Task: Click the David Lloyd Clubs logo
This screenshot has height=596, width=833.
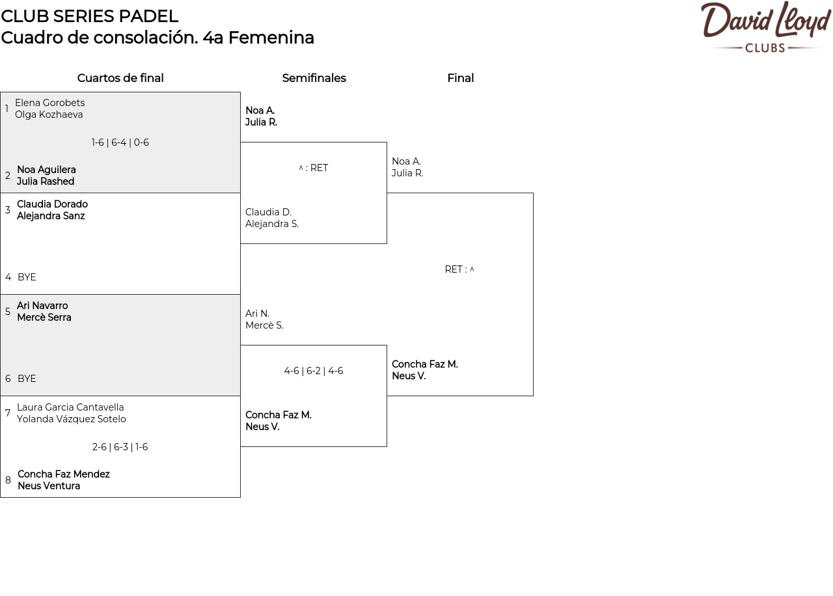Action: (x=766, y=27)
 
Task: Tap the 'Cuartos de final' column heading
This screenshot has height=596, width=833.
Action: (x=120, y=78)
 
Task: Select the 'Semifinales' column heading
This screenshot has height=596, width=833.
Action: (x=314, y=78)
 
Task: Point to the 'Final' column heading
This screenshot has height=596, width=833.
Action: (x=460, y=78)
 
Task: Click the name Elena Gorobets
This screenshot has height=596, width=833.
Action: (x=50, y=103)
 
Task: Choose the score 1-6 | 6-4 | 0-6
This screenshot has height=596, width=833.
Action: (x=120, y=142)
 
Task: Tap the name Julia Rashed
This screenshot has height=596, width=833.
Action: (x=46, y=182)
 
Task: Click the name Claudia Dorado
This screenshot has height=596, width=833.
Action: (x=53, y=204)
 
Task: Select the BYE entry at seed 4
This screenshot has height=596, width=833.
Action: (x=27, y=277)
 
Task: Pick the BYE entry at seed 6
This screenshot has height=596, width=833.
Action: (x=27, y=379)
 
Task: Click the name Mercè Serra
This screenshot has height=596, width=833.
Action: (x=44, y=318)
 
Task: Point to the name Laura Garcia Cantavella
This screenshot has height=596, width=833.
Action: (x=70, y=407)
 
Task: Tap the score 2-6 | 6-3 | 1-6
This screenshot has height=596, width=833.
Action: (x=120, y=447)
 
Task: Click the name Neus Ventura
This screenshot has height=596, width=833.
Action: (x=49, y=486)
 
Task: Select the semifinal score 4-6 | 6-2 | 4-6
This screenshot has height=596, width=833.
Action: (x=314, y=371)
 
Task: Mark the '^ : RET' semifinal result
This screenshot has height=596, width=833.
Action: (x=314, y=168)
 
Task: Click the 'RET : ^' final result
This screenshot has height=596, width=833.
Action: (x=459, y=269)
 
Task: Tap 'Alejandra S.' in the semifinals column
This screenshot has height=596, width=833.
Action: (x=272, y=224)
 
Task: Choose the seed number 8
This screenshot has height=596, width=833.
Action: (x=8, y=480)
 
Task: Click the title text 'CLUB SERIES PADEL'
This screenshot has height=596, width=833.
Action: (x=90, y=16)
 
